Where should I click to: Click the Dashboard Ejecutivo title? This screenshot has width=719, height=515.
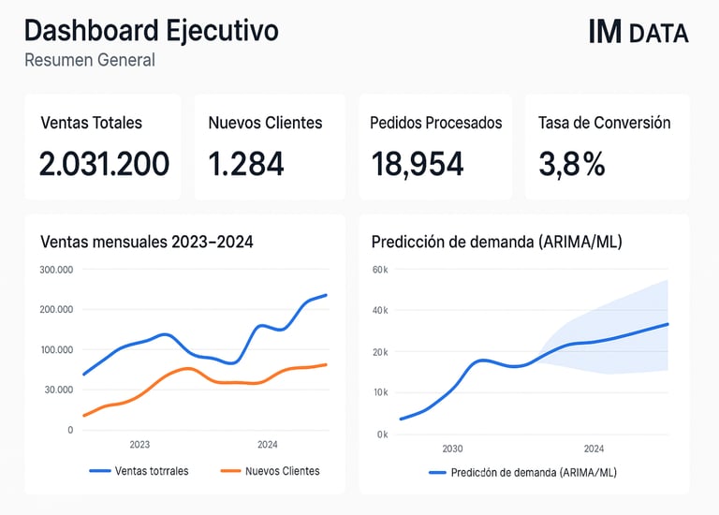click(151, 31)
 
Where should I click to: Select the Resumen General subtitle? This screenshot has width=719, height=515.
click(89, 60)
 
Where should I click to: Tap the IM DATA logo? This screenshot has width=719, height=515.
click(638, 33)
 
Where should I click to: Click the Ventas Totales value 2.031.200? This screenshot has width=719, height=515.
click(104, 164)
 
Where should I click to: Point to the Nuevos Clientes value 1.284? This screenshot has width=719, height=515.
click(246, 164)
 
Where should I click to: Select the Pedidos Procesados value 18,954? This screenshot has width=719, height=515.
click(417, 164)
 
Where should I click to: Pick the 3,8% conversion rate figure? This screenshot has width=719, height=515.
click(571, 164)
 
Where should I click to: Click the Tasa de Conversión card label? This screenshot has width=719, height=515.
click(604, 123)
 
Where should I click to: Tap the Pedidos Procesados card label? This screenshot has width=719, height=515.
click(436, 123)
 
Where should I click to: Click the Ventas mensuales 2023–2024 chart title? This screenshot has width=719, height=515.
click(147, 242)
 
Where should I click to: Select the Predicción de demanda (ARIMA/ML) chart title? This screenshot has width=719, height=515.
click(496, 242)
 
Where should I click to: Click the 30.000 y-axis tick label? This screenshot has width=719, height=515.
click(57, 390)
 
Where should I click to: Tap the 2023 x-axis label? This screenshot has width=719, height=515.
click(139, 445)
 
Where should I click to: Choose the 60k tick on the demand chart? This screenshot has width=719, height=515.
click(380, 270)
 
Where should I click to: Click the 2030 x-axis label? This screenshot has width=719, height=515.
click(452, 449)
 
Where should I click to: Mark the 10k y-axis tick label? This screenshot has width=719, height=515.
click(380, 391)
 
